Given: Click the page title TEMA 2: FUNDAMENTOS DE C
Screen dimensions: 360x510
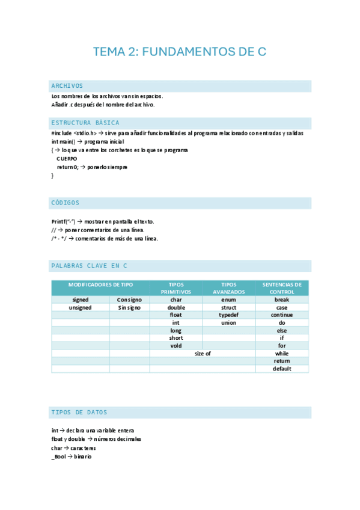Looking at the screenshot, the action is tap(180, 52).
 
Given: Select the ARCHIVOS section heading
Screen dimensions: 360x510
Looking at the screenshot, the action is tap(67, 86).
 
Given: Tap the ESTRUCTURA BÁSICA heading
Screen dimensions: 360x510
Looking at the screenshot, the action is tap(85, 123).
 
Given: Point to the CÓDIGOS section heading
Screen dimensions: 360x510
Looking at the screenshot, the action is tap(66, 203).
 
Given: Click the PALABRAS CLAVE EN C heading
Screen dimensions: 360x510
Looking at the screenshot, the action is tap(90, 265).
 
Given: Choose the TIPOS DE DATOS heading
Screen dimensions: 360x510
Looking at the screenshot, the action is tap(80, 413).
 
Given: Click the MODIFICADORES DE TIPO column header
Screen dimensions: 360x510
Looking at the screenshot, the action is tap(100, 284).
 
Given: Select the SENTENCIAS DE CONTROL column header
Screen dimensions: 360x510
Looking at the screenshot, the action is tap(282, 288).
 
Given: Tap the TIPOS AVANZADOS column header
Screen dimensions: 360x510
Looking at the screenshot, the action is tap(228, 288).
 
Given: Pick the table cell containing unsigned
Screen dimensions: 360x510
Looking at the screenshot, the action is tap(80, 307).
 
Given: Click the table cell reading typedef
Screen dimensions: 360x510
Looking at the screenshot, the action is tap(228, 315).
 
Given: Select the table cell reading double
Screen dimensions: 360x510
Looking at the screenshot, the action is tap(175, 307).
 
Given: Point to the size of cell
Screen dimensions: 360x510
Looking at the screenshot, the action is tap(203, 354).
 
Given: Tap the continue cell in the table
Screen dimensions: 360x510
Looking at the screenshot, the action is tap(282, 315).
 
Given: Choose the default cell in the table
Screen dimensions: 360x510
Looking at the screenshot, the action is tap(282, 369).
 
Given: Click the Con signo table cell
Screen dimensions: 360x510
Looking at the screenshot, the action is tap(129, 300).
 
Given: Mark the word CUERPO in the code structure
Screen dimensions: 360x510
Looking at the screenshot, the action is tap(67, 159).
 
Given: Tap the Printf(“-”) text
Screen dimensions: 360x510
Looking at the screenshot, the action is tap(63, 221).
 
